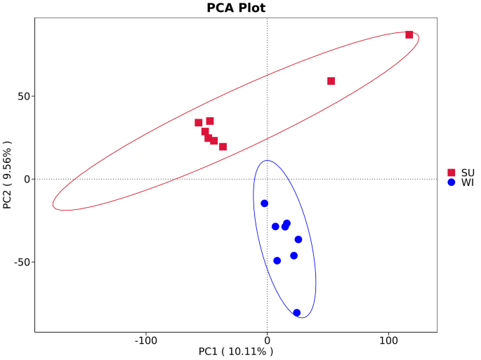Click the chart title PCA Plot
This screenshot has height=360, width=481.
[x=236, y=8]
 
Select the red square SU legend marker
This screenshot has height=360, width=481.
[x=452, y=173]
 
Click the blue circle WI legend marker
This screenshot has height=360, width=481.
[x=452, y=182]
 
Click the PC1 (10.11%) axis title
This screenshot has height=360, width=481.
[x=236, y=351]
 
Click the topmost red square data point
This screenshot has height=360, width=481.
[x=409, y=34]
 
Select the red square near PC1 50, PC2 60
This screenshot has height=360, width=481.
[x=331, y=81]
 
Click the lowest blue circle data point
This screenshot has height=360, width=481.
[x=296, y=313]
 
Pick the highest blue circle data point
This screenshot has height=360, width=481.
[x=265, y=204]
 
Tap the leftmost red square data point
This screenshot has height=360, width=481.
[x=199, y=123]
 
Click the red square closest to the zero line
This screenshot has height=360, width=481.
[x=223, y=147]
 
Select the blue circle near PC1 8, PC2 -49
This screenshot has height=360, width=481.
[x=277, y=260]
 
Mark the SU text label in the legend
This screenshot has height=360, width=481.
[x=468, y=173]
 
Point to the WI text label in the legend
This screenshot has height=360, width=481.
[x=467, y=182]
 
